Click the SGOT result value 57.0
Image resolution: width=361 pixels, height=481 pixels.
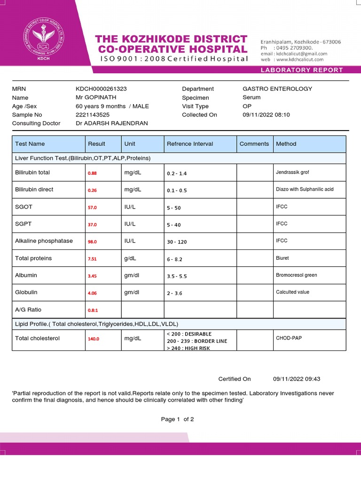coord(92,208)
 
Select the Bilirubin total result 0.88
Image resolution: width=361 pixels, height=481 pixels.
coord(92,173)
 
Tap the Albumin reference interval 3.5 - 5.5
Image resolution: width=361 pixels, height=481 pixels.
coord(177,276)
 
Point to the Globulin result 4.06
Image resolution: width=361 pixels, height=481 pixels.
coord(92,293)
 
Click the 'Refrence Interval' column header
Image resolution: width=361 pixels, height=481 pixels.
coord(190,144)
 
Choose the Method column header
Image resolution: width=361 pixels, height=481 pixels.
coord(286,144)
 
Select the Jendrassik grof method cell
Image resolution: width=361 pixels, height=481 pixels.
coord(292,172)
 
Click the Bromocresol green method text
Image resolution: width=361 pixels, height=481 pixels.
coord(297,275)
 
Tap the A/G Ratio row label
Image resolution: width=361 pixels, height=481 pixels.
coord(28,310)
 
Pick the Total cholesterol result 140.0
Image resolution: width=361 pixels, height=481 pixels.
coord(94,339)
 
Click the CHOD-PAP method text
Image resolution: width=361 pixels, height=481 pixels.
coord(289,338)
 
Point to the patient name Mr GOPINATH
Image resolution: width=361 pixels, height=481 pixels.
coord(95,98)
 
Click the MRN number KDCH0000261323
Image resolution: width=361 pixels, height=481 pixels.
coord(101,89)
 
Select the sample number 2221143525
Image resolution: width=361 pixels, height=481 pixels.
coord(93,115)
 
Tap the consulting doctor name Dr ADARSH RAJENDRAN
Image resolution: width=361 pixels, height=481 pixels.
coord(111,123)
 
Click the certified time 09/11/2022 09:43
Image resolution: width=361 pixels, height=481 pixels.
coord(297,379)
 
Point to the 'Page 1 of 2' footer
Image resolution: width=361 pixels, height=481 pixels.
coord(177,419)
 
